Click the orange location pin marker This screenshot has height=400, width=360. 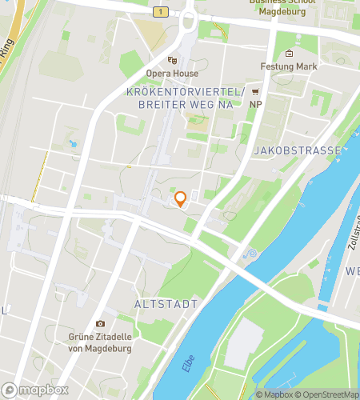(180, 198)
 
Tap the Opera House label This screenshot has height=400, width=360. (172, 73)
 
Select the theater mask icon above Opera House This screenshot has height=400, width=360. (172, 60)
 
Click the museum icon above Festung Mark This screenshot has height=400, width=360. (289, 54)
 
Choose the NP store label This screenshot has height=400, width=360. (256, 104)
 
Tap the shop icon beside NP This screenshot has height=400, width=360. (256, 91)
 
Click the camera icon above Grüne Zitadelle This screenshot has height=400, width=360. (100, 323)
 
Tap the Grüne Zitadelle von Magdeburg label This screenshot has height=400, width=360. (100, 342)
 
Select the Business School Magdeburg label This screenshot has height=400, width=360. (282, 5)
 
